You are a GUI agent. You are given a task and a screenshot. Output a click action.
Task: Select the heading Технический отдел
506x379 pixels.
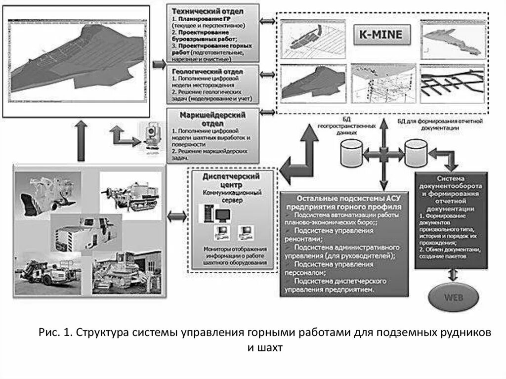pos(213,10)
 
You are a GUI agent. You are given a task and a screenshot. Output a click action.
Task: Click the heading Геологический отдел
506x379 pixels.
pos(213,71)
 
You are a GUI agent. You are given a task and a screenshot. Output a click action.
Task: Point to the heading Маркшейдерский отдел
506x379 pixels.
pos(214,119)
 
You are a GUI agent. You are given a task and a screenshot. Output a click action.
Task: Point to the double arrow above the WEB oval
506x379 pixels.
pos(451,275)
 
